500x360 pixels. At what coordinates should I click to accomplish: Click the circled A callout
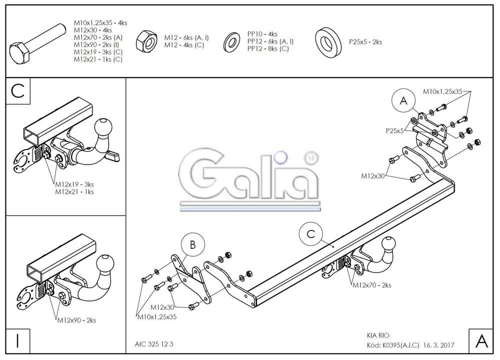pos(403,101)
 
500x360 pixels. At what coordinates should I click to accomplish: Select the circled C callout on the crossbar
pos(311,233)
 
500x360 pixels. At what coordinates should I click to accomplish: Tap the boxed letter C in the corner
pos(18,91)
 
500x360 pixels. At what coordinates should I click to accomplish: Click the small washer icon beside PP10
pos(231,41)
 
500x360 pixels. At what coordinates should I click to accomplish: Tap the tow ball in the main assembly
pos(389,244)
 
